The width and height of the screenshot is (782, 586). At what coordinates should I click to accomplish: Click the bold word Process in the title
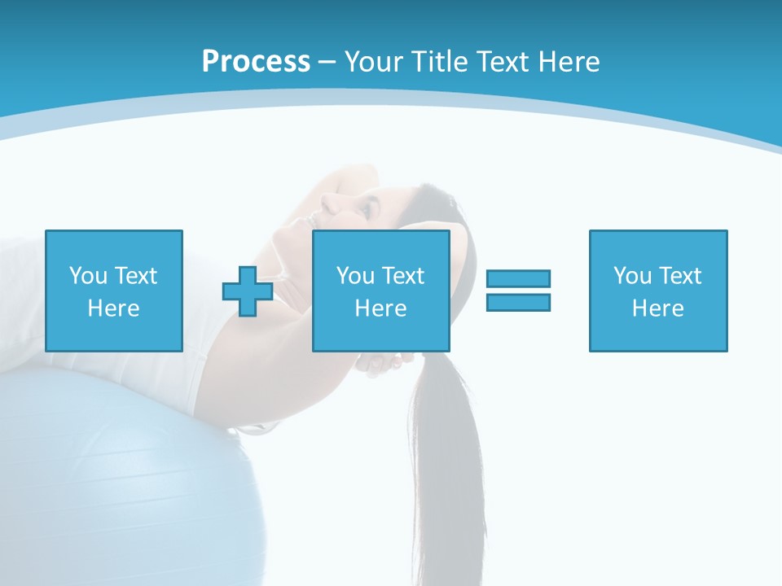click(x=256, y=62)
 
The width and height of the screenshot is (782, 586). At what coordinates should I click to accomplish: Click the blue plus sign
click(x=248, y=291)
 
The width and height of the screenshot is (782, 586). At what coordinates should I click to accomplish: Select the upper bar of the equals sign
click(x=518, y=279)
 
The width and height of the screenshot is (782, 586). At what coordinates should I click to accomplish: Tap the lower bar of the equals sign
click(x=518, y=302)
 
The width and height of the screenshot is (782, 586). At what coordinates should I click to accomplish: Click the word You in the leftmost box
click(x=87, y=276)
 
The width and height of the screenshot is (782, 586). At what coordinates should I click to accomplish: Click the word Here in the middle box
click(x=380, y=308)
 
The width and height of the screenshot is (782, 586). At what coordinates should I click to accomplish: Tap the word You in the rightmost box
click(x=632, y=276)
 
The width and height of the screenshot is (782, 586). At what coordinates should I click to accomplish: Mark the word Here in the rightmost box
click(x=657, y=308)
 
